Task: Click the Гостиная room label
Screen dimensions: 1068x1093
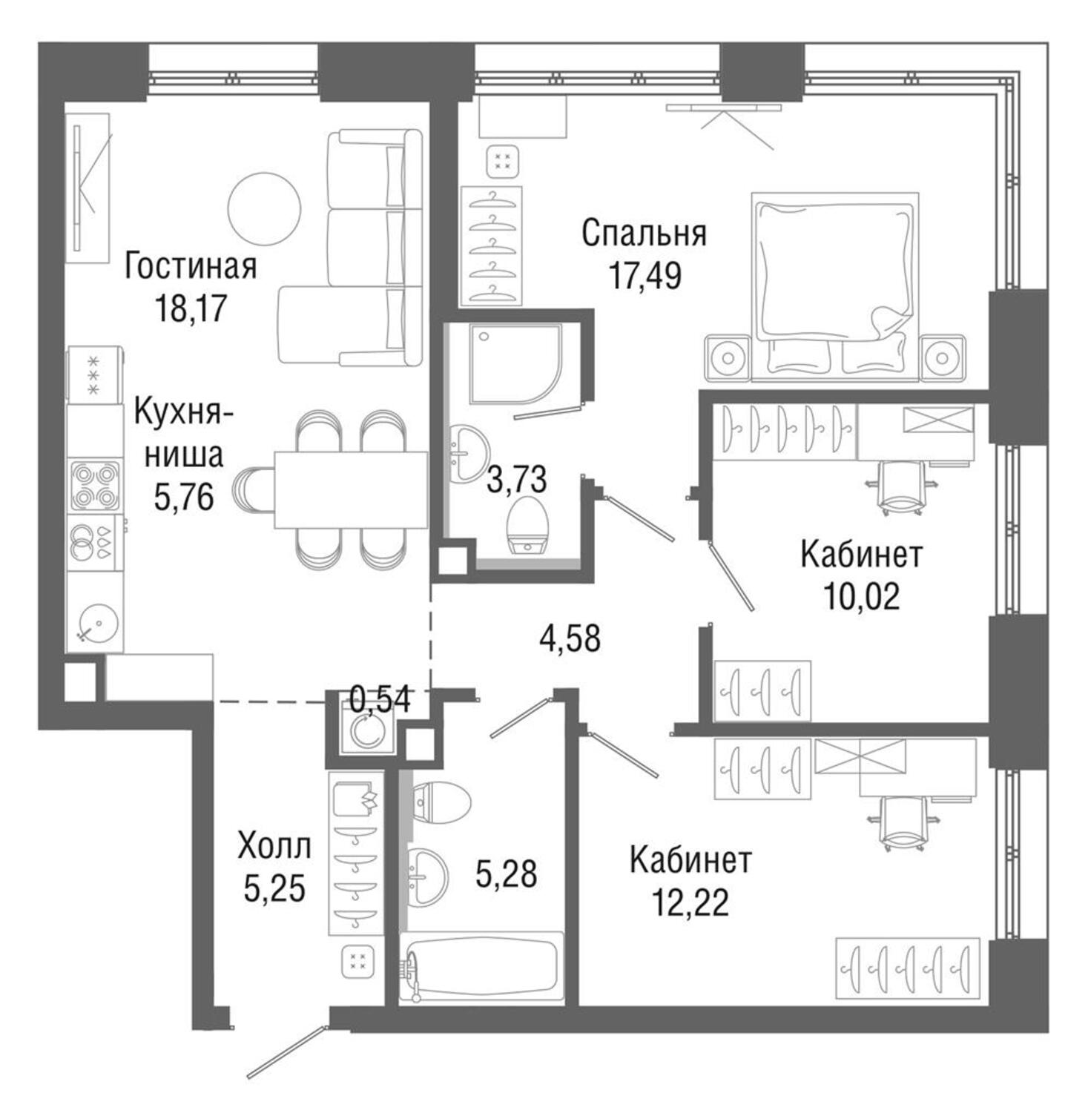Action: pos(191,266)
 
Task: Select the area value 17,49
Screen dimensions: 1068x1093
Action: pos(645,275)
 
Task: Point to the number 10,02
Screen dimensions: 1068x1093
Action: pos(861,596)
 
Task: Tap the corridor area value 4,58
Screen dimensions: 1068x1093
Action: pos(570,638)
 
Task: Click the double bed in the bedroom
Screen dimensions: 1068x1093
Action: pos(835,287)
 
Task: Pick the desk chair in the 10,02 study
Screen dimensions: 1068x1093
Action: pos(901,487)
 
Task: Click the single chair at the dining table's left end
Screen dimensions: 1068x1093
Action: pos(254,489)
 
